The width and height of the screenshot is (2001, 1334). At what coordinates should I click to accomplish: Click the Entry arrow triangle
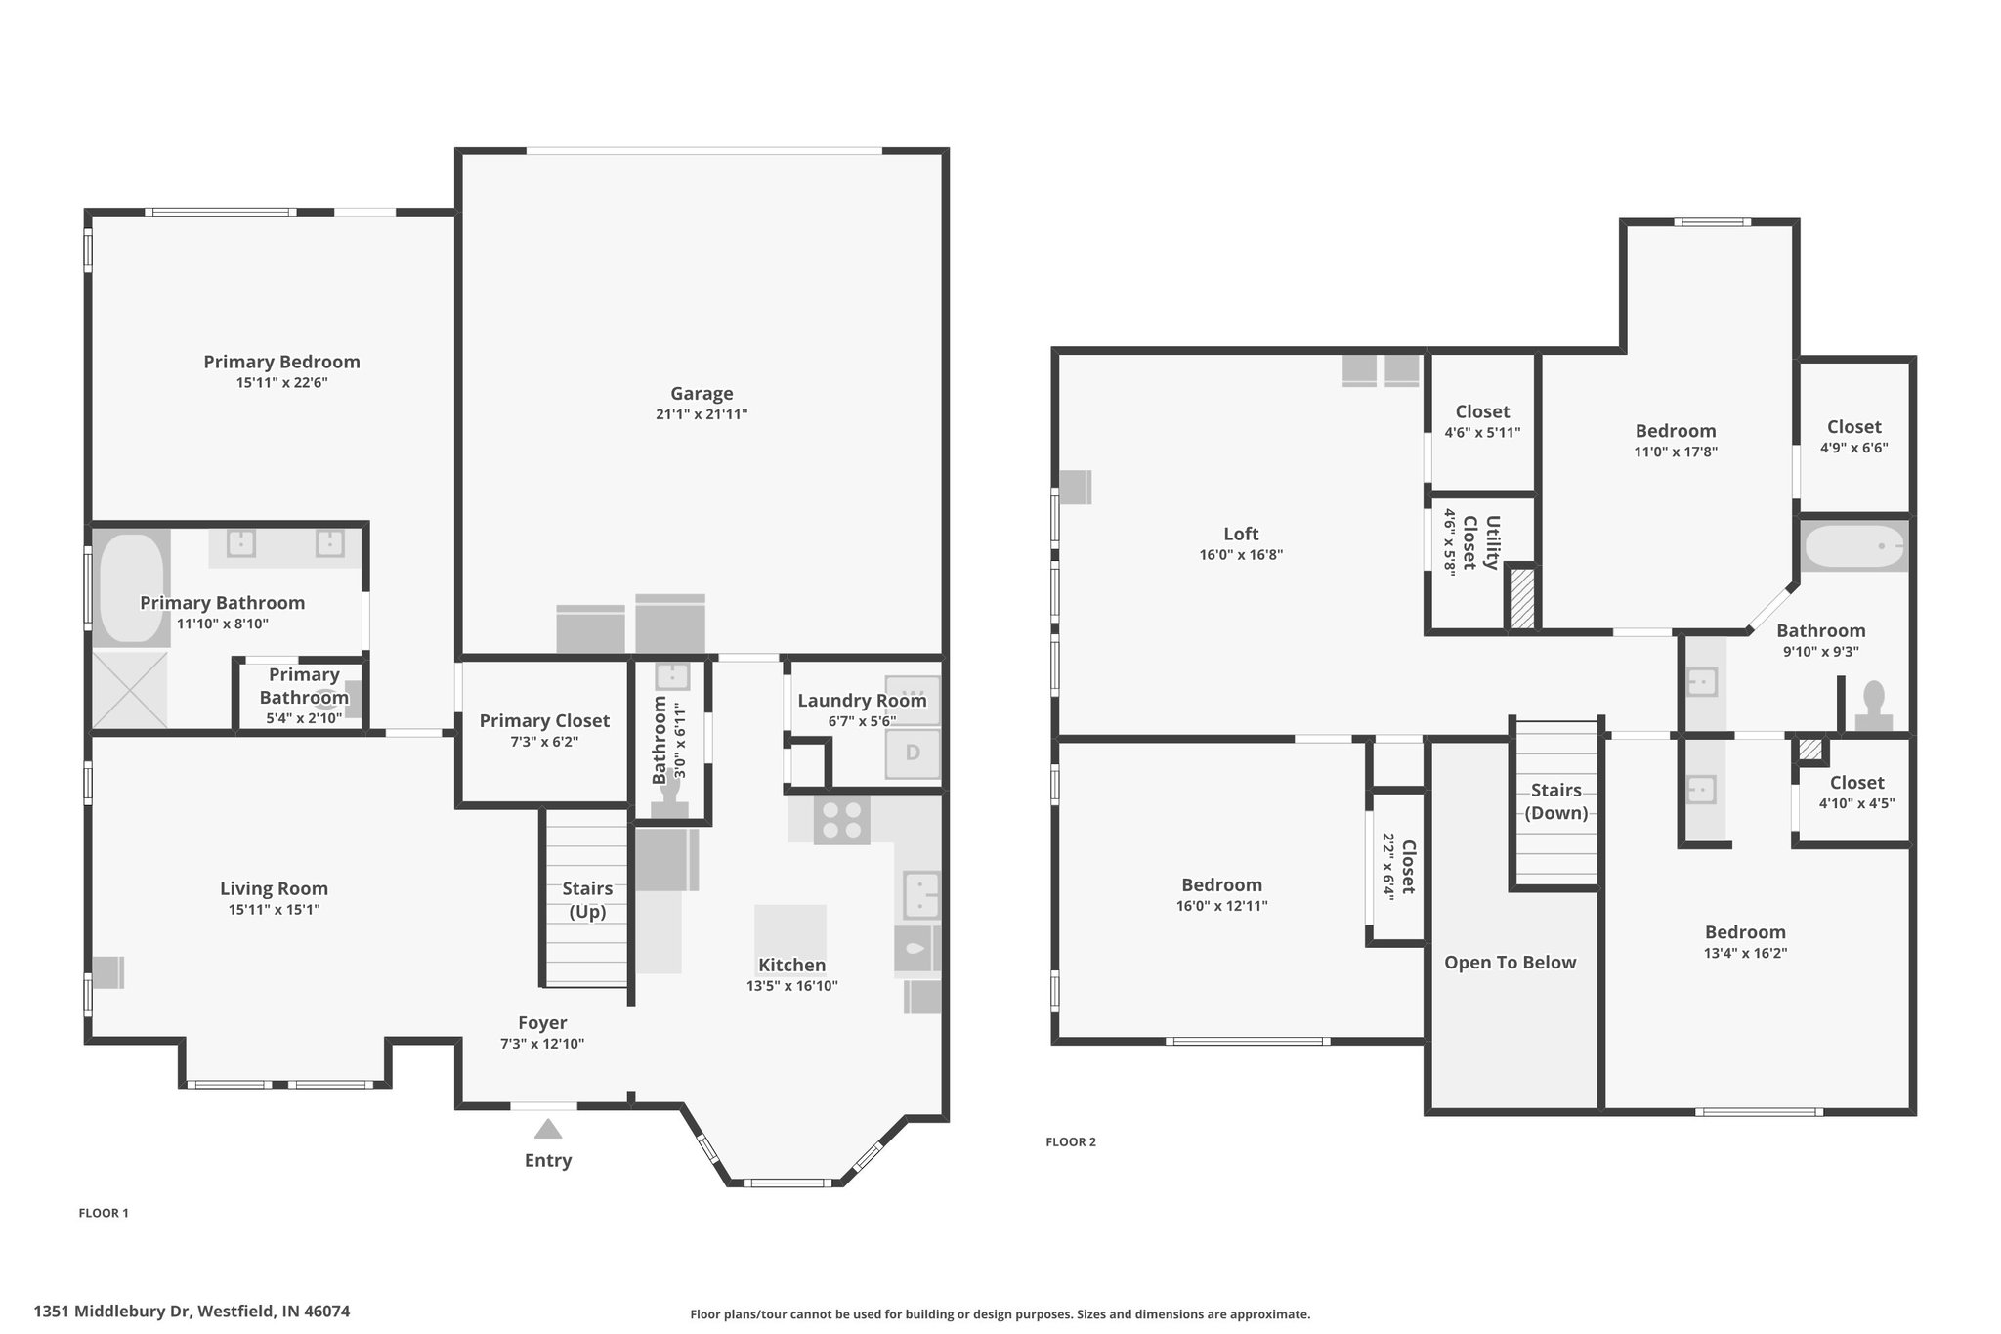[x=548, y=1129]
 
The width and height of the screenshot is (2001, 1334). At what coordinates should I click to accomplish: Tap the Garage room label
[x=702, y=394]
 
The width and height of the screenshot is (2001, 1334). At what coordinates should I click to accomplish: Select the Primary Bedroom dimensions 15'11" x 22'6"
[x=281, y=383]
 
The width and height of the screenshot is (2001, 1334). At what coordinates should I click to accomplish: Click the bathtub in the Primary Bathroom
[x=132, y=586]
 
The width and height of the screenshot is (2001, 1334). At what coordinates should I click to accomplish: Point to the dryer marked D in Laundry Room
[x=913, y=753]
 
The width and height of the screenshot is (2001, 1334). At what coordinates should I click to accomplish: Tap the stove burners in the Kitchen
[x=841, y=820]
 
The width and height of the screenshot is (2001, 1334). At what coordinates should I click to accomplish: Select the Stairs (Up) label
[x=587, y=900]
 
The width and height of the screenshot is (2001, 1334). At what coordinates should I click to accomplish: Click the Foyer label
[x=542, y=1023]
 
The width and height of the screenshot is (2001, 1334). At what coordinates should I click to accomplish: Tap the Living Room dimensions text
[x=274, y=910]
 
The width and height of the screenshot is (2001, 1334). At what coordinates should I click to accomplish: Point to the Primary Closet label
[x=544, y=721]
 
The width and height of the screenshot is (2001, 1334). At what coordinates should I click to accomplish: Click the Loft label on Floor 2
[x=1241, y=534]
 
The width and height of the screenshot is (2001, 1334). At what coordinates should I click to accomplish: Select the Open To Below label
[x=1510, y=963]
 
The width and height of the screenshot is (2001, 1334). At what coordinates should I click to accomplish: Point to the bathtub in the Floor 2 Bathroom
[x=1853, y=547]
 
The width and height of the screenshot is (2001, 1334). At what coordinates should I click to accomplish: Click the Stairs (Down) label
[x=1555, y=801]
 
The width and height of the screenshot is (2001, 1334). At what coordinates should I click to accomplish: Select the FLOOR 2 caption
[x=1071, y=1141]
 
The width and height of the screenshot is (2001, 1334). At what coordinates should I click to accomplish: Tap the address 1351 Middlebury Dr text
[x=114, y=1312]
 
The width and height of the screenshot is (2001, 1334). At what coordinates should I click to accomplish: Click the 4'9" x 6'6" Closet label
[x=1853, y=437]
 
